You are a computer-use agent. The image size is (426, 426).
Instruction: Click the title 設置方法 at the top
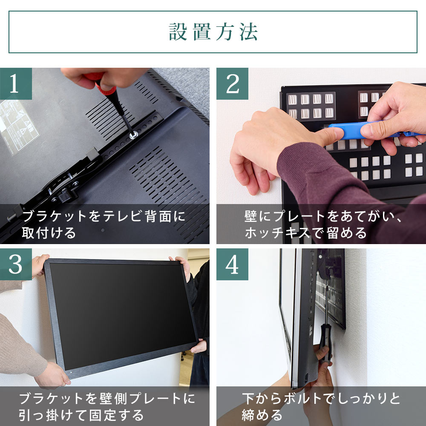[213, 32]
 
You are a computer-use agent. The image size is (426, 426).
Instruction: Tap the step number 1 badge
[16, 83]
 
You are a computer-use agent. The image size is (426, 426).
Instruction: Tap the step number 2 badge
[232, 83]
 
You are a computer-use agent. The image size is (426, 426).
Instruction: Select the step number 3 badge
[16, 265]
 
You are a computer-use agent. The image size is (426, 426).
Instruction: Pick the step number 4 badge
[232, 265]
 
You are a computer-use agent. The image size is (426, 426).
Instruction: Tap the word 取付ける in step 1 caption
[49, 233]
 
